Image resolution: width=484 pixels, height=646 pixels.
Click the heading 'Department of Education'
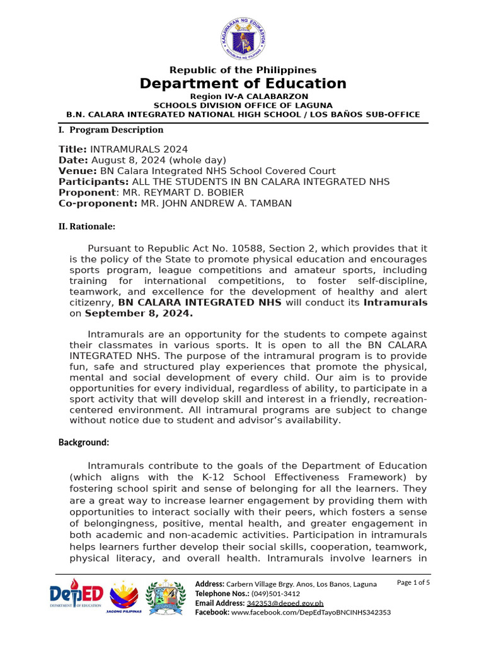[x=243, y=84]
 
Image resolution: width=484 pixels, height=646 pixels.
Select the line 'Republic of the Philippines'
[x=243, y=70]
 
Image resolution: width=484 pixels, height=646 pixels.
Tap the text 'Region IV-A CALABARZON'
[x=243, y=96]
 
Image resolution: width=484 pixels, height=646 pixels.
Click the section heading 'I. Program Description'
[x=111, y=130]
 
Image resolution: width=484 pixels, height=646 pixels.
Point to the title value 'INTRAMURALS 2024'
[x=139, y=150]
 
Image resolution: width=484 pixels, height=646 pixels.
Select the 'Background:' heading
[x=84, y=442]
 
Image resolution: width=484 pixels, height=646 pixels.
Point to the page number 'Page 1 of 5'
[x=413, y=582]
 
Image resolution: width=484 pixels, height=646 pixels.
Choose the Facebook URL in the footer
[x=311, y=613]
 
